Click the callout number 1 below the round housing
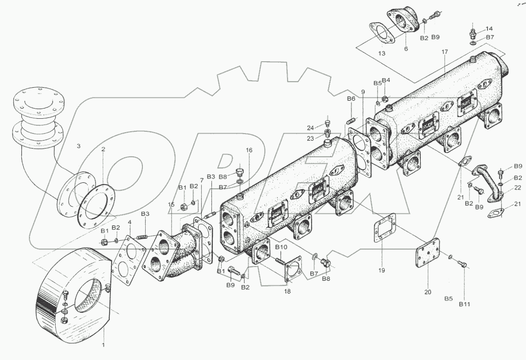[103, 345]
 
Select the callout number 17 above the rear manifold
[444, 52]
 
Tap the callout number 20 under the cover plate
[427, 292]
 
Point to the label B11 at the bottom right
[464, 304]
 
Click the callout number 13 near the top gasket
[381, 53]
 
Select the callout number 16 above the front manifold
[249, 151]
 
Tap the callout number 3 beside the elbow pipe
[78, 146]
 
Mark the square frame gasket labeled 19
[385, 229]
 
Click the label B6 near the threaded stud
[351, 98]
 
